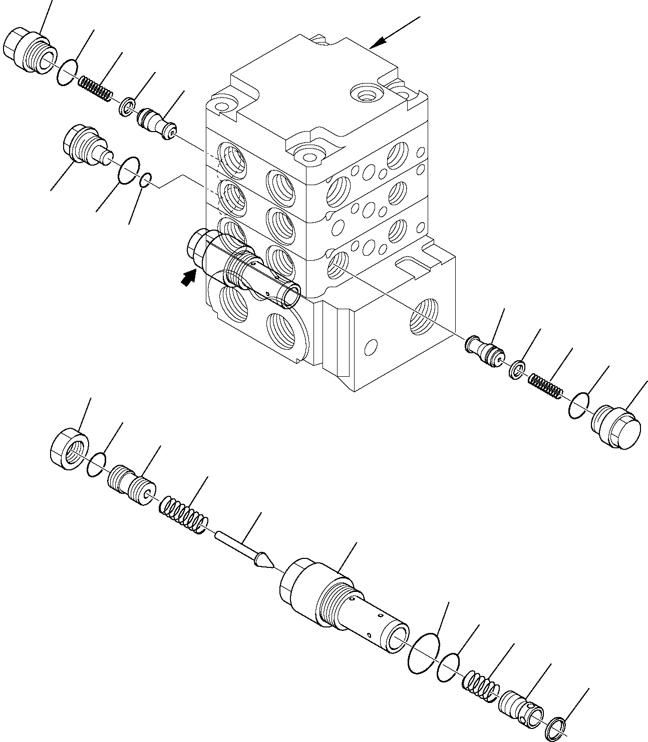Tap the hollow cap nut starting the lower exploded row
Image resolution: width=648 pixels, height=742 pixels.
pyautogui.click(x=70, y=449)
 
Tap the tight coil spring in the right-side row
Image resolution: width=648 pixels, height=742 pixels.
pyautogui.click(x=546, y=386)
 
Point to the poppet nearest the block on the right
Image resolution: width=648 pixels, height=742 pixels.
pyautogui.click(x=483, y=349)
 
